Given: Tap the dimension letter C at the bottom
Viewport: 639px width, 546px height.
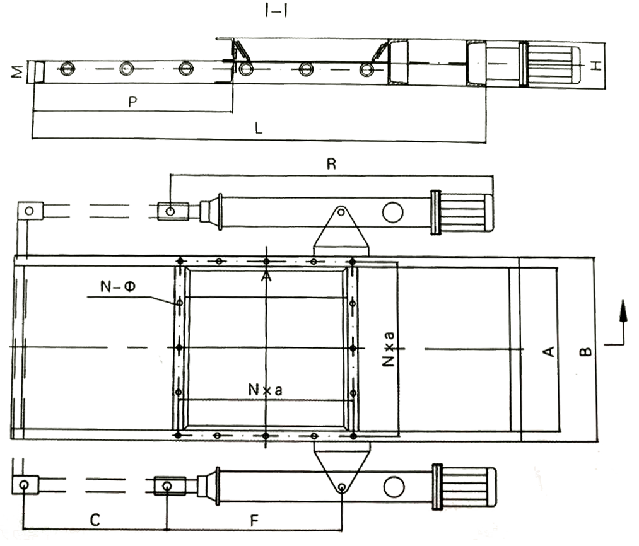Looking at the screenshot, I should [x=93, y=520].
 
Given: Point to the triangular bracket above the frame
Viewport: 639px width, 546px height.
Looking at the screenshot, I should [x=341, y=230].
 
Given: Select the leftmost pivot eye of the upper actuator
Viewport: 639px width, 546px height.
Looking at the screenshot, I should [x=28, y=211].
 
